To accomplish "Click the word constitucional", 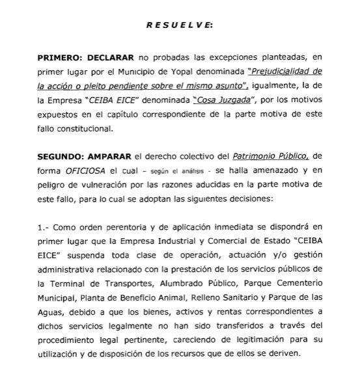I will point(83,128).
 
